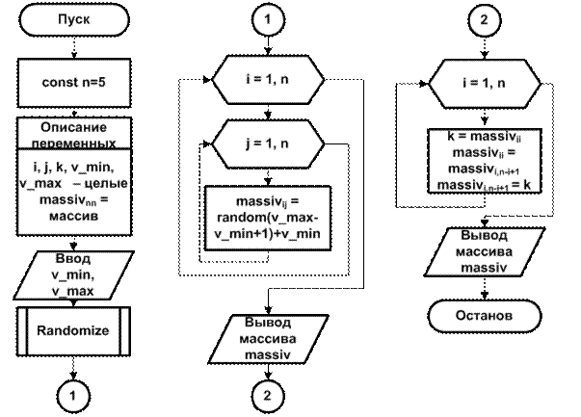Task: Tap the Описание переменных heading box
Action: (x=74, y=135)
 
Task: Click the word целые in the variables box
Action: (x=106, y=183)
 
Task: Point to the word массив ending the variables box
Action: (x=74, y=217)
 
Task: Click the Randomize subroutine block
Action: (x=74, y=330)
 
